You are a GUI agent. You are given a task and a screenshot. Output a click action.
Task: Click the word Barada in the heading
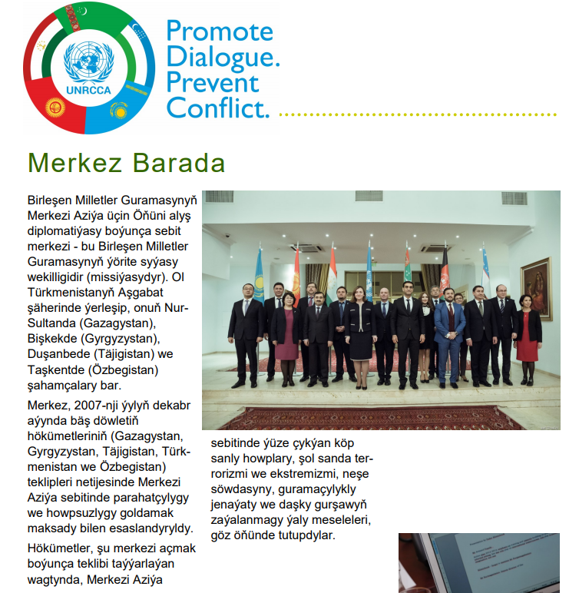(179, 163)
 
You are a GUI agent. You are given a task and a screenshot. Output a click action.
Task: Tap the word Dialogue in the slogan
(223, 56)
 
